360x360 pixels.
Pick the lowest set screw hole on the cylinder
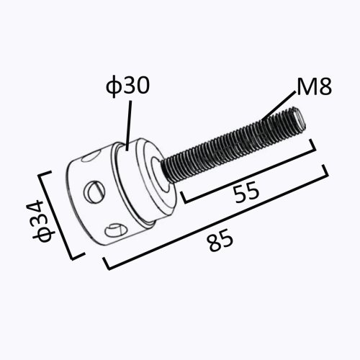coord(114,230)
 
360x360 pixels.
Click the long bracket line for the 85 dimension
coord(216,223)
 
